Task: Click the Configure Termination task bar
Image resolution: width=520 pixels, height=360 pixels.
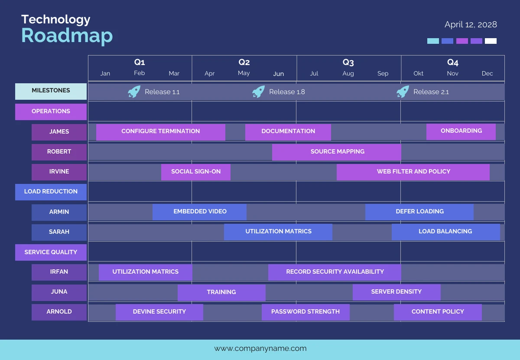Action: coord(160,132)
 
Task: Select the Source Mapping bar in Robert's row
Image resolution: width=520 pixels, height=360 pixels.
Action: coord(337,152)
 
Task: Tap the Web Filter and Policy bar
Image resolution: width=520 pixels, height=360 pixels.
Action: coord(413,172)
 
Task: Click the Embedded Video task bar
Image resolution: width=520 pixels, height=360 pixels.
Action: coord(199,212)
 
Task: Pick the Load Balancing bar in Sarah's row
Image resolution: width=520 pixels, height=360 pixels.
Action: coord(445,232)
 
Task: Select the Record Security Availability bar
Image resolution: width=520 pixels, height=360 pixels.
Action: coord(335,272)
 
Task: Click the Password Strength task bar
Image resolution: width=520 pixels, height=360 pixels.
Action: coord(305,312)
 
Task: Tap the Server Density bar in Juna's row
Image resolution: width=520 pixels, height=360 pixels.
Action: coord(396,292)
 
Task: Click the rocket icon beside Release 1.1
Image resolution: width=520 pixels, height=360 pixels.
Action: coord(134,92)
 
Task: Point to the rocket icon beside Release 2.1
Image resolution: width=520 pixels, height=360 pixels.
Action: coord(403,92)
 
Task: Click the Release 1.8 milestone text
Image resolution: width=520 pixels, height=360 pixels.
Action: coord(287,92)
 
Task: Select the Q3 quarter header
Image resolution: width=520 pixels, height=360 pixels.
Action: coord(348,62)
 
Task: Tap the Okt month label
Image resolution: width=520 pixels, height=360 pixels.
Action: coord(418,73)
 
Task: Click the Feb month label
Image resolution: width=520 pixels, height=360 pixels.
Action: coord(139,73)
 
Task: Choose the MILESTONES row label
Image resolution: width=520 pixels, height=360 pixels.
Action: coord(51,91)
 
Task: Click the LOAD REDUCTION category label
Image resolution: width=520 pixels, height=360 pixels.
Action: coord(51,192)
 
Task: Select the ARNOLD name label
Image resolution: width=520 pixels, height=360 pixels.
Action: coord(59,312)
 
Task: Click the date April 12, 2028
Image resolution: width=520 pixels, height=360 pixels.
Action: coord(471,25)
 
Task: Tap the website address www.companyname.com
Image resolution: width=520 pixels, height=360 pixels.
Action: coord(260,348)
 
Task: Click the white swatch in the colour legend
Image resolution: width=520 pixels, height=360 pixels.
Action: coord(491,41)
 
